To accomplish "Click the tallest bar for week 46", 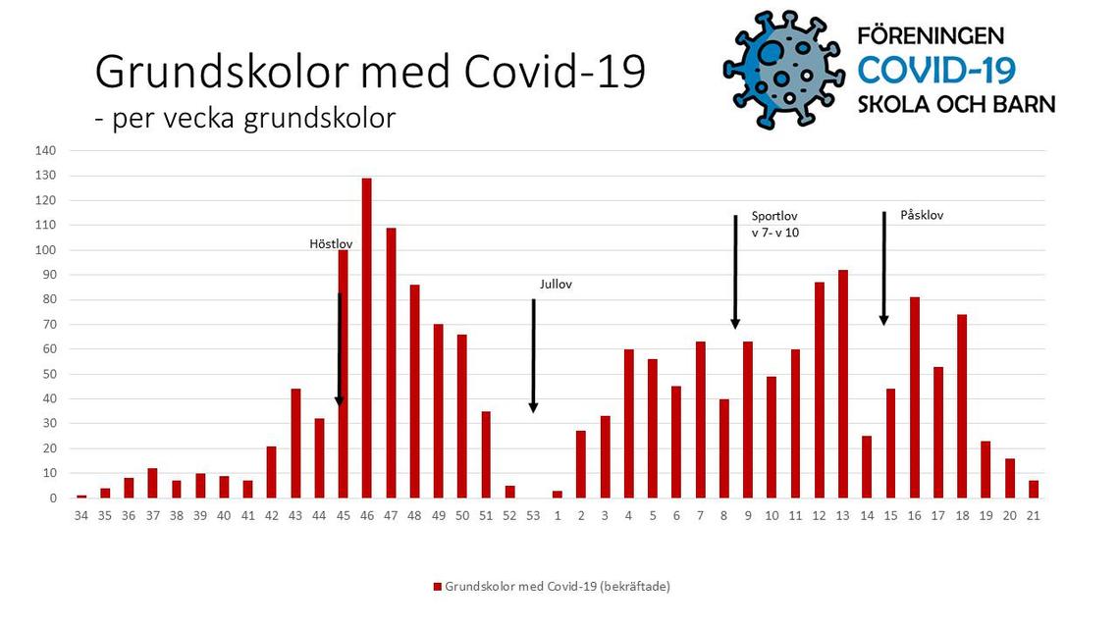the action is (367, 338).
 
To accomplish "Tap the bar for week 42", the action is (271, 472).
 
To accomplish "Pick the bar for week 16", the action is (914, 398).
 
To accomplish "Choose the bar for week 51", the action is (486, 455).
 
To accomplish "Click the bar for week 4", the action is (629, 424).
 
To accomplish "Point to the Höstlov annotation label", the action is (331, 244).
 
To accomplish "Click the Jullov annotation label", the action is (556, 284).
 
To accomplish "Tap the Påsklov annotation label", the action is (922, 215).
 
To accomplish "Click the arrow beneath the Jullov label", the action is (533, 356).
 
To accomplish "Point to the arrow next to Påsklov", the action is (884, 268).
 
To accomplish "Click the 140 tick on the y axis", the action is (45, 150).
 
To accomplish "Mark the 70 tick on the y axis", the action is (48, 325).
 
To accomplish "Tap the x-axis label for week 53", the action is (533, 515).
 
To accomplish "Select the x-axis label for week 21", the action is (1033, 515).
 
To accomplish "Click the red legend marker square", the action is (438, 587).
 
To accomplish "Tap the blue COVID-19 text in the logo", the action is (936, 71).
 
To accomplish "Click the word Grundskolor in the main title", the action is (222, 72).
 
